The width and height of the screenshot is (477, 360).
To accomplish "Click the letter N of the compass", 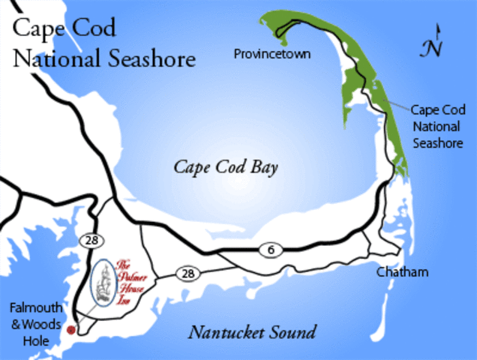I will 430,49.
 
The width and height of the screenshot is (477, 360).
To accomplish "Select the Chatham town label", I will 403,271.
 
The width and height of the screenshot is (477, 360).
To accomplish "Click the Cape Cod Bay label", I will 226,167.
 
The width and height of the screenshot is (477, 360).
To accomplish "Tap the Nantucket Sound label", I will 251,332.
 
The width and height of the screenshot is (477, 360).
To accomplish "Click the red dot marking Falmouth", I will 71,329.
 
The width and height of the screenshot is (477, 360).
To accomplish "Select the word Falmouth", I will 29,309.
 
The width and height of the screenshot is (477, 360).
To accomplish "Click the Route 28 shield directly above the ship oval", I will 90,239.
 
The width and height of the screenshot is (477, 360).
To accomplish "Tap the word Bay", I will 264,167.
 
